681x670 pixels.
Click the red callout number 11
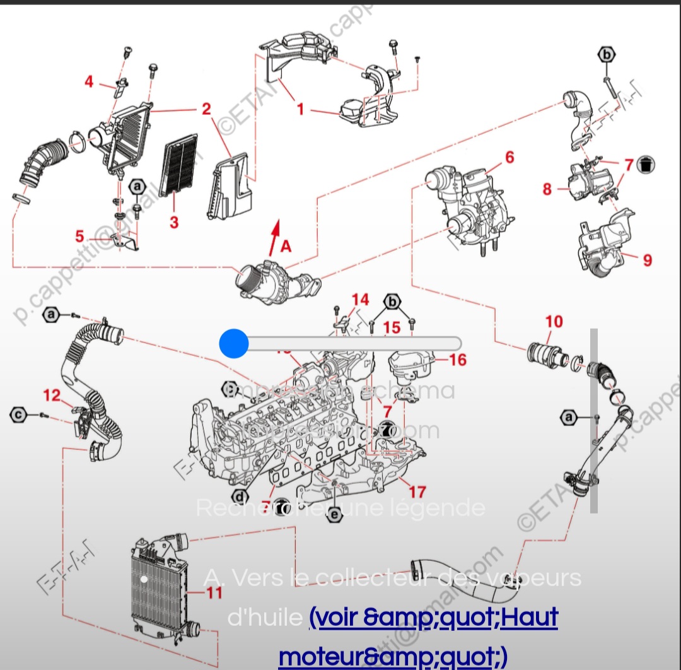pos(214,592)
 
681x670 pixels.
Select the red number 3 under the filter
pos(174,222)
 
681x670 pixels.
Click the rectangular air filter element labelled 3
pos(180,165)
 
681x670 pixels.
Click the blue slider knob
pos(234,343)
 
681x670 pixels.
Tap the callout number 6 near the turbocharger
pos(509,157)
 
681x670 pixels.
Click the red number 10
pos(554,322)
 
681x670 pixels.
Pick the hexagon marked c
pos(19,414)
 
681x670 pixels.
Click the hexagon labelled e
pos(335,515)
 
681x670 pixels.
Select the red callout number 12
pos(52,396)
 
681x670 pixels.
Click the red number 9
pos(648,259)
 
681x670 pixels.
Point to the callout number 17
pos(417,491)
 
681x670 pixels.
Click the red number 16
pos(458,360)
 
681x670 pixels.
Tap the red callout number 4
pos(89,81)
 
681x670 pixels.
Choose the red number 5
pos(79,237)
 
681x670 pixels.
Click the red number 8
pos(547,189)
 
